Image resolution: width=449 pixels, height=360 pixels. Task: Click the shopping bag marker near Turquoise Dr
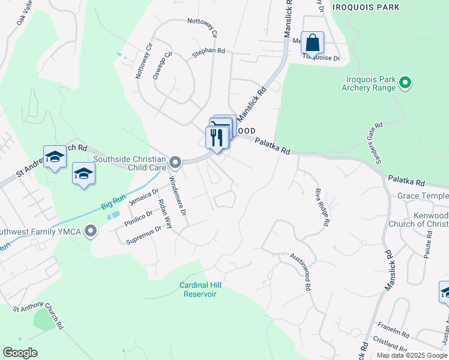click(x=312, y=43)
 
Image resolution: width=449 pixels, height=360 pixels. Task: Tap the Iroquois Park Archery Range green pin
click(x=405, y=82)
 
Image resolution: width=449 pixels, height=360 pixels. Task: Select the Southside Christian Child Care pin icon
click(x=175, y=162)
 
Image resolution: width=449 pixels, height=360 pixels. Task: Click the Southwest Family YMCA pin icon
click(x=91, y=230)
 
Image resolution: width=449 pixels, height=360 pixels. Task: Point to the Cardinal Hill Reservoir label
click(x=198, y=289)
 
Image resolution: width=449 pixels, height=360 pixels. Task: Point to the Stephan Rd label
click(x=208, y=53)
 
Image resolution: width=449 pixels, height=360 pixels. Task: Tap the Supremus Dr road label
click(x=144, y=235)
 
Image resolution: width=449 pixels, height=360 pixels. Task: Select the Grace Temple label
click(x=423, y=196)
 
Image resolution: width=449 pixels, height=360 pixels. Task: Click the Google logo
click(x=20, y=353)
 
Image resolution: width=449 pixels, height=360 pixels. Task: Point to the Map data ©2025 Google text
click(x=411, y=355)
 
